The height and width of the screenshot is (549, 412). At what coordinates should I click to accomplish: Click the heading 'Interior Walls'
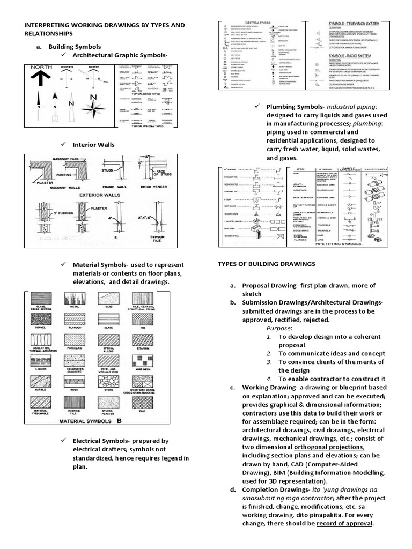tap(94, 145)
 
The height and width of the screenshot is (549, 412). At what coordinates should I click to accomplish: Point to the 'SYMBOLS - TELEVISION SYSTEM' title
tap(358, 25)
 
